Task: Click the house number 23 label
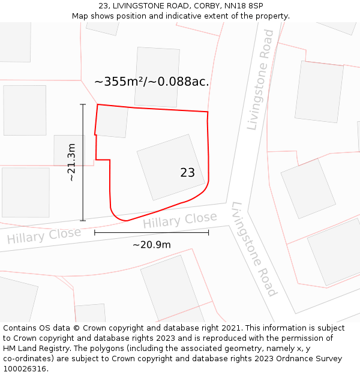187,173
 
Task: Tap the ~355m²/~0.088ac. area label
152,82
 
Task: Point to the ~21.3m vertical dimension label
71,162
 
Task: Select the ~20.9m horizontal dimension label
152,244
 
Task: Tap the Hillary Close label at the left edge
43,235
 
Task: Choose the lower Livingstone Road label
254,249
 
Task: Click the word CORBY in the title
202,5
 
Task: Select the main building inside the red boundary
170,167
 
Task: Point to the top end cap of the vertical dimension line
83,104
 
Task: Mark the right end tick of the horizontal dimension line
208,232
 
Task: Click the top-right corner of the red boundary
208,112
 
